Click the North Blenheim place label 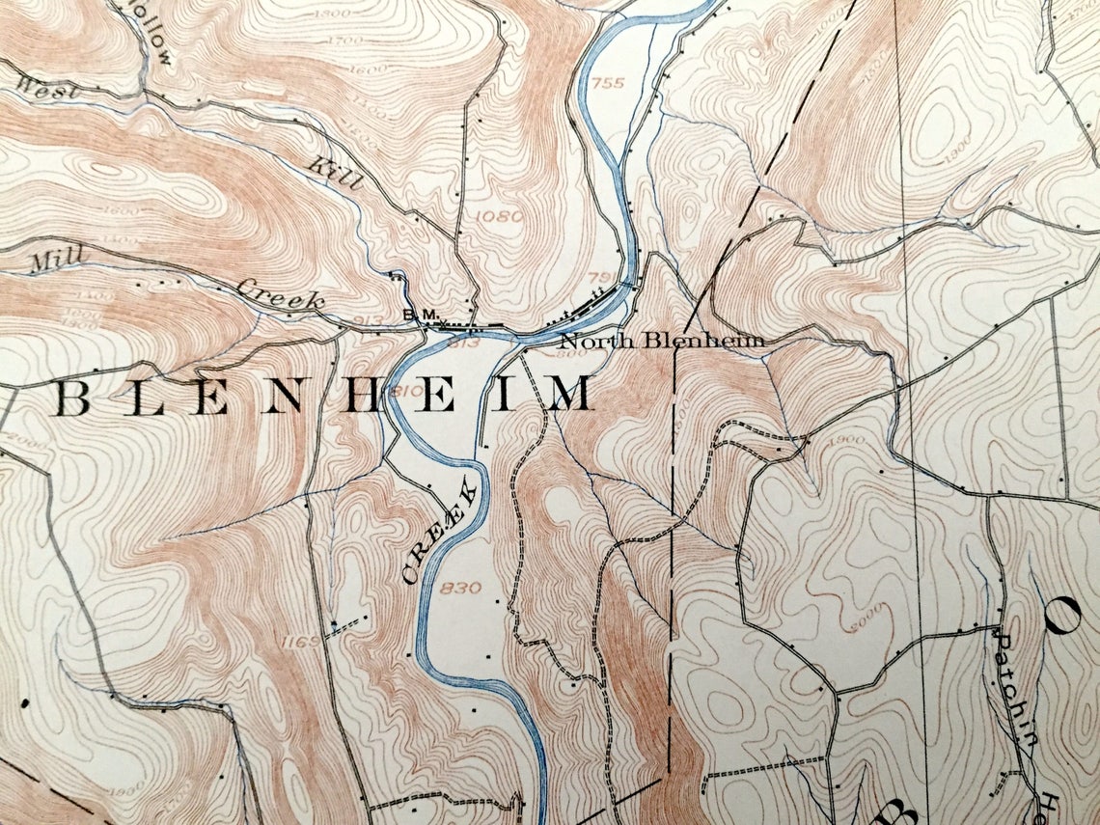(662, 340)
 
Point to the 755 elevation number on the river (609, 83)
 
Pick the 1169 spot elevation (302, 641)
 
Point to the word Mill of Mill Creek (56, 258)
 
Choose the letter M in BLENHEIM (569, 396)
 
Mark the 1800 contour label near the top (338, 14)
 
